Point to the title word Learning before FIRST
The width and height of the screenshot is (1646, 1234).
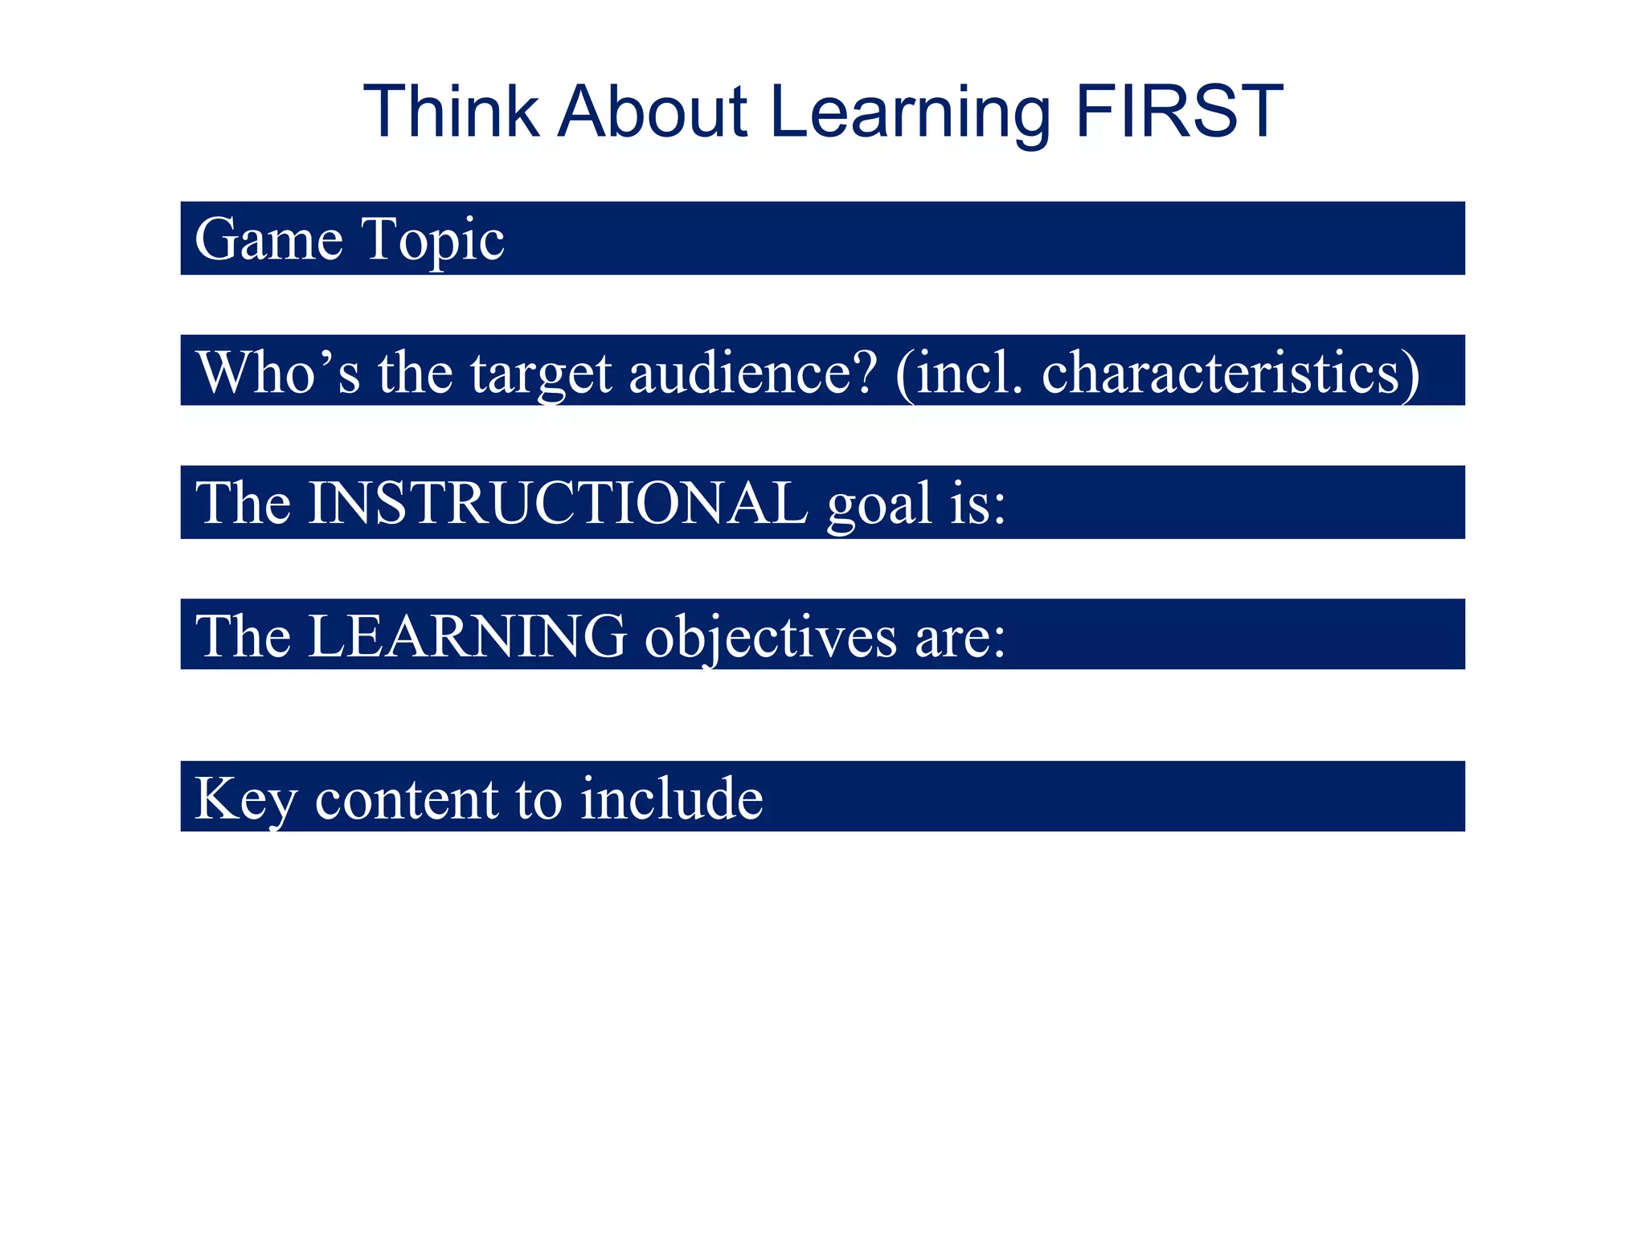pos(910,114)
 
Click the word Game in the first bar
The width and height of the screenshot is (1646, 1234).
pos(268,239)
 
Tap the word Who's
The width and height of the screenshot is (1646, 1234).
pos(278,372)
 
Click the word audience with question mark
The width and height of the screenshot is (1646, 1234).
pos(753,372)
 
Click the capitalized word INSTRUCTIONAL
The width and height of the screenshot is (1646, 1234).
pos(558,503)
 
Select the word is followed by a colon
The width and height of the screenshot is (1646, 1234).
pos(977,503)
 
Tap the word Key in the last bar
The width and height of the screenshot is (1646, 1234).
pos(245,799)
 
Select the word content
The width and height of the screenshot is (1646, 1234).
pos(407,799)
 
